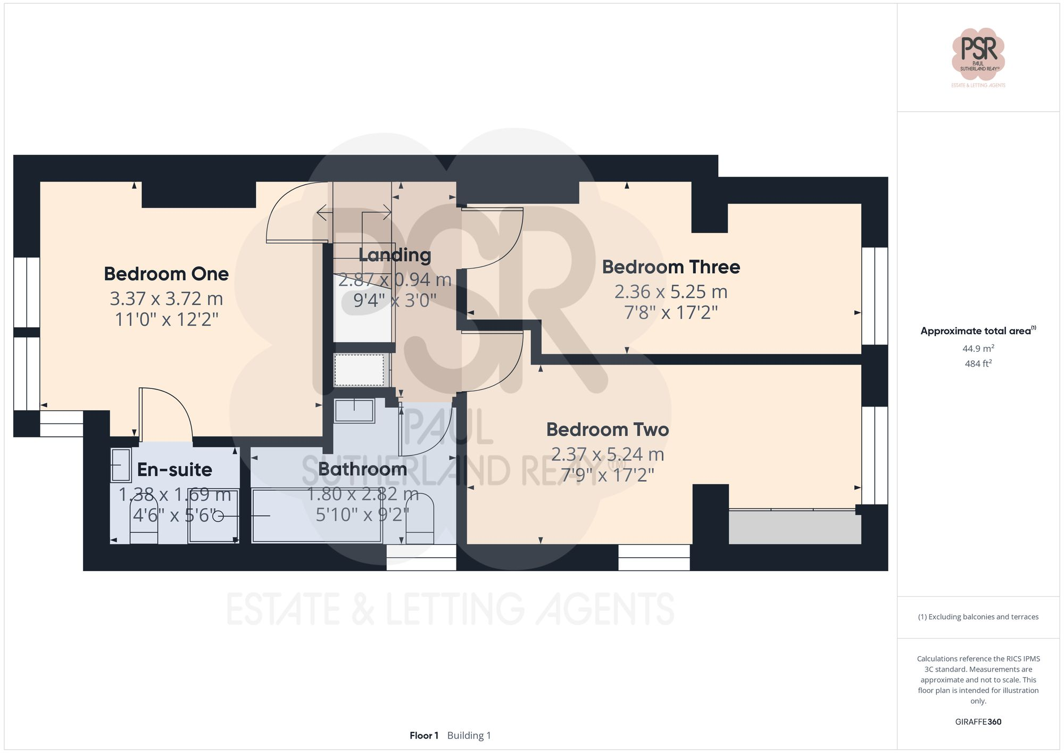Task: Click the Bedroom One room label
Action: tap(166, 274)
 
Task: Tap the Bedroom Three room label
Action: tap(670, 267)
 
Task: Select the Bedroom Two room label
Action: tap(607, 429)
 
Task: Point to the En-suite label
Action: tap(174, 469)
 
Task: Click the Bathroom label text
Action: tap(362, 469)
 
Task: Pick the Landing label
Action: tap(394, 255)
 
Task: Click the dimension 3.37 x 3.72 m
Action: tap(166, 299)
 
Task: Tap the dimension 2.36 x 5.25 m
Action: tap(670, 292)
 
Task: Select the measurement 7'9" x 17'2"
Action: tap(607, 475)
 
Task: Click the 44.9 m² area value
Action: tap(978, 349)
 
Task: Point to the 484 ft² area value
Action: tap(978, 364)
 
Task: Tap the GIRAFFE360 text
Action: tap(978, 722)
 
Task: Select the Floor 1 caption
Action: tap(423, 735)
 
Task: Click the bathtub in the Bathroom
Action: tap(317, 516)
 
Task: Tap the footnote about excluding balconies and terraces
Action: tap(978, 617)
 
